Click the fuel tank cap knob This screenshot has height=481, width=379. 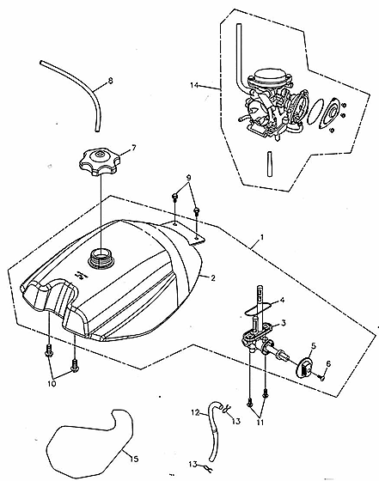tap(99, 161)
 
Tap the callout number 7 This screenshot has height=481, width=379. tap(133, 148)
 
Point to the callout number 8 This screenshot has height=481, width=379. tap(111, 81)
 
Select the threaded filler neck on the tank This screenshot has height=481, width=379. tap(101, 258)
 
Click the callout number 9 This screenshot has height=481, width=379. tap(189, 178)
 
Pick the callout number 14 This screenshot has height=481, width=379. tap(194, 85)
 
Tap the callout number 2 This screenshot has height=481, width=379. tap(213, 278)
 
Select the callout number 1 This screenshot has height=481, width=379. tap(262, 237)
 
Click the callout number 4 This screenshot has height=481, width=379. tap(281, 300)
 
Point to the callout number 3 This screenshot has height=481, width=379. tap(283, 323)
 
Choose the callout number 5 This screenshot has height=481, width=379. tap(314, 345)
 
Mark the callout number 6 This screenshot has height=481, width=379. tap(328, 364)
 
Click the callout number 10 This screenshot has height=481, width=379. tap(52, 383)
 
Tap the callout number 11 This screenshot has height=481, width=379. tap(260, 423)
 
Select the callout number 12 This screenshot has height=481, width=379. tap(195, 412)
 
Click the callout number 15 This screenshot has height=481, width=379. tap(134, 459)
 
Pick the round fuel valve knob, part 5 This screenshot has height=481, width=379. tap(303, 368)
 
